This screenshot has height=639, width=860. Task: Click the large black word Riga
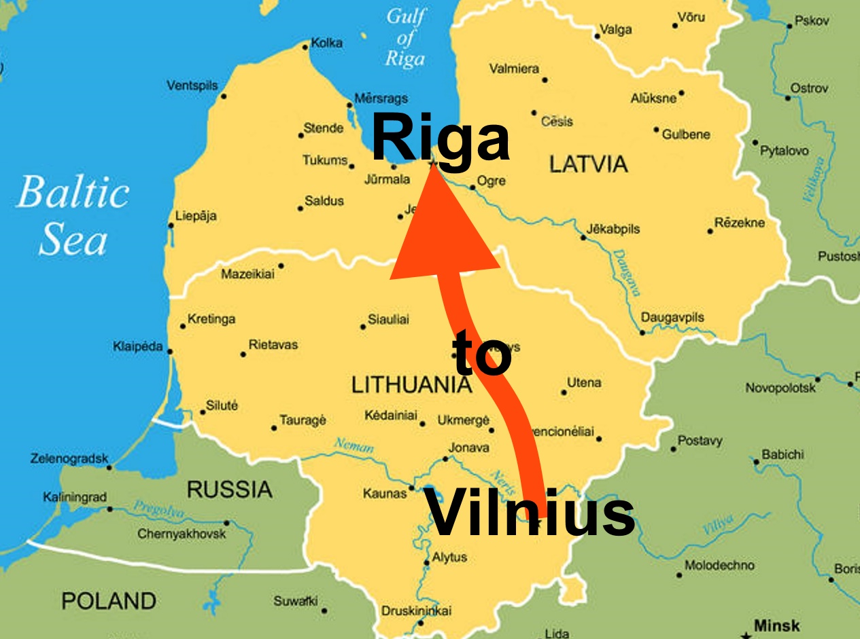[x=441, y=139]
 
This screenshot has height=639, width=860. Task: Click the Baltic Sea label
[x=72, y=215]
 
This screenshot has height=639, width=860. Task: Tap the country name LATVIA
[x=588, y=164]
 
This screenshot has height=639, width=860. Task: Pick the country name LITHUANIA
[x=411, y=385]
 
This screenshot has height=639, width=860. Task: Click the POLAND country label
[x=109, y=600]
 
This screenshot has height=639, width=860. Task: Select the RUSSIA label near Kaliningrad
[x=229, y=489]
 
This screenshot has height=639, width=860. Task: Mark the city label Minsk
[x=776, y=625]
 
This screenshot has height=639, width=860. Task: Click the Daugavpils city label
[x=672, y=318]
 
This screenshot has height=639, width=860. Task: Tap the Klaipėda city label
[x=138, y=347]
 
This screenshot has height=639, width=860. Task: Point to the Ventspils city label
[x=192, y=86]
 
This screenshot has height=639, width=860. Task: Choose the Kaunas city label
[x=384, y=494]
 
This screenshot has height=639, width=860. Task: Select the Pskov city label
[x=812, y=21]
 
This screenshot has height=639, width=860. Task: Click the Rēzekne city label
[x=739, y=223]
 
